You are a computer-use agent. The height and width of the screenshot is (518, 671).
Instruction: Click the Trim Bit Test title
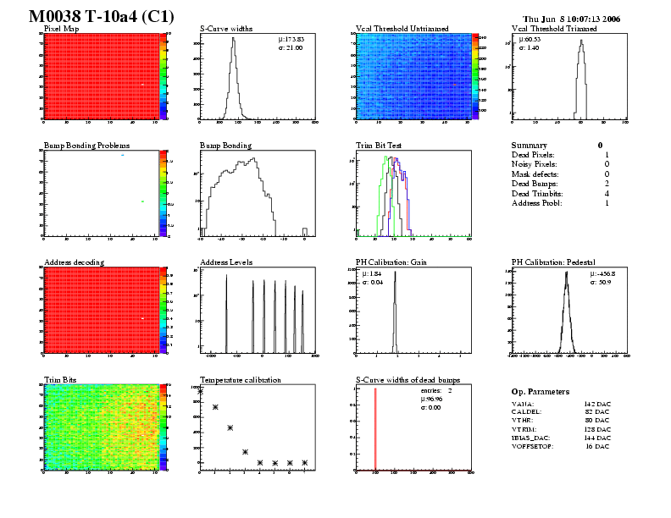[x=379, y=146]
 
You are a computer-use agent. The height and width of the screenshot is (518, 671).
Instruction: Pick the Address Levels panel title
[x=226, y=262]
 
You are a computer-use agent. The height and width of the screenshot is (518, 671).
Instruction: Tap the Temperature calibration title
[x=241, y=380]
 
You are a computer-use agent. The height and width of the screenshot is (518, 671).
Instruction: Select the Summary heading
[x=530, y=146]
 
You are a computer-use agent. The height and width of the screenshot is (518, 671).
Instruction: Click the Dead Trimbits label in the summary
[x=539, y=193]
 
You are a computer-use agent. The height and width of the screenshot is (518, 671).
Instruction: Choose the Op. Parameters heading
[x=541, y=392]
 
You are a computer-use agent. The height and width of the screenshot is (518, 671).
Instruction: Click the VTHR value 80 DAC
[x=596, y=417]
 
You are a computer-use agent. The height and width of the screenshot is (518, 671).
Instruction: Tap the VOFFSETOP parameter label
[x=533, y=445]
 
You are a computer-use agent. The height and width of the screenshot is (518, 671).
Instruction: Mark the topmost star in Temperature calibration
[x=200, y=391]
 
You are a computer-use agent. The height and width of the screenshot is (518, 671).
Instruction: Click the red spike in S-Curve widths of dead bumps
[x=375, y=427]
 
